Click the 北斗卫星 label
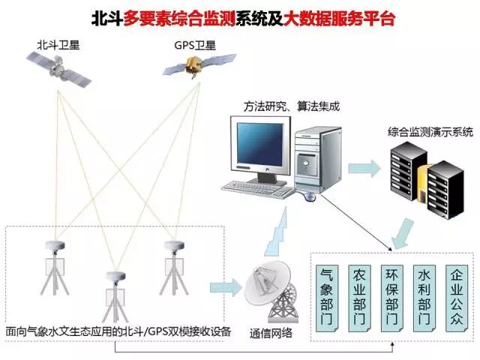click(58, 45)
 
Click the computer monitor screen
click(261, 146)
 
